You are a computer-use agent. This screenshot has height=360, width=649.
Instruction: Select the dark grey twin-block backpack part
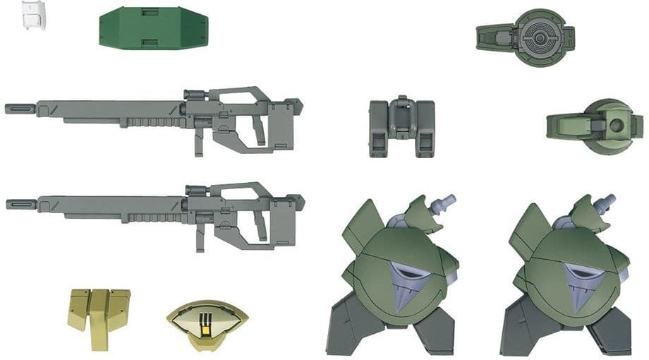401,127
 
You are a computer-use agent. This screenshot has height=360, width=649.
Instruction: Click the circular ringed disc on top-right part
540,35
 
